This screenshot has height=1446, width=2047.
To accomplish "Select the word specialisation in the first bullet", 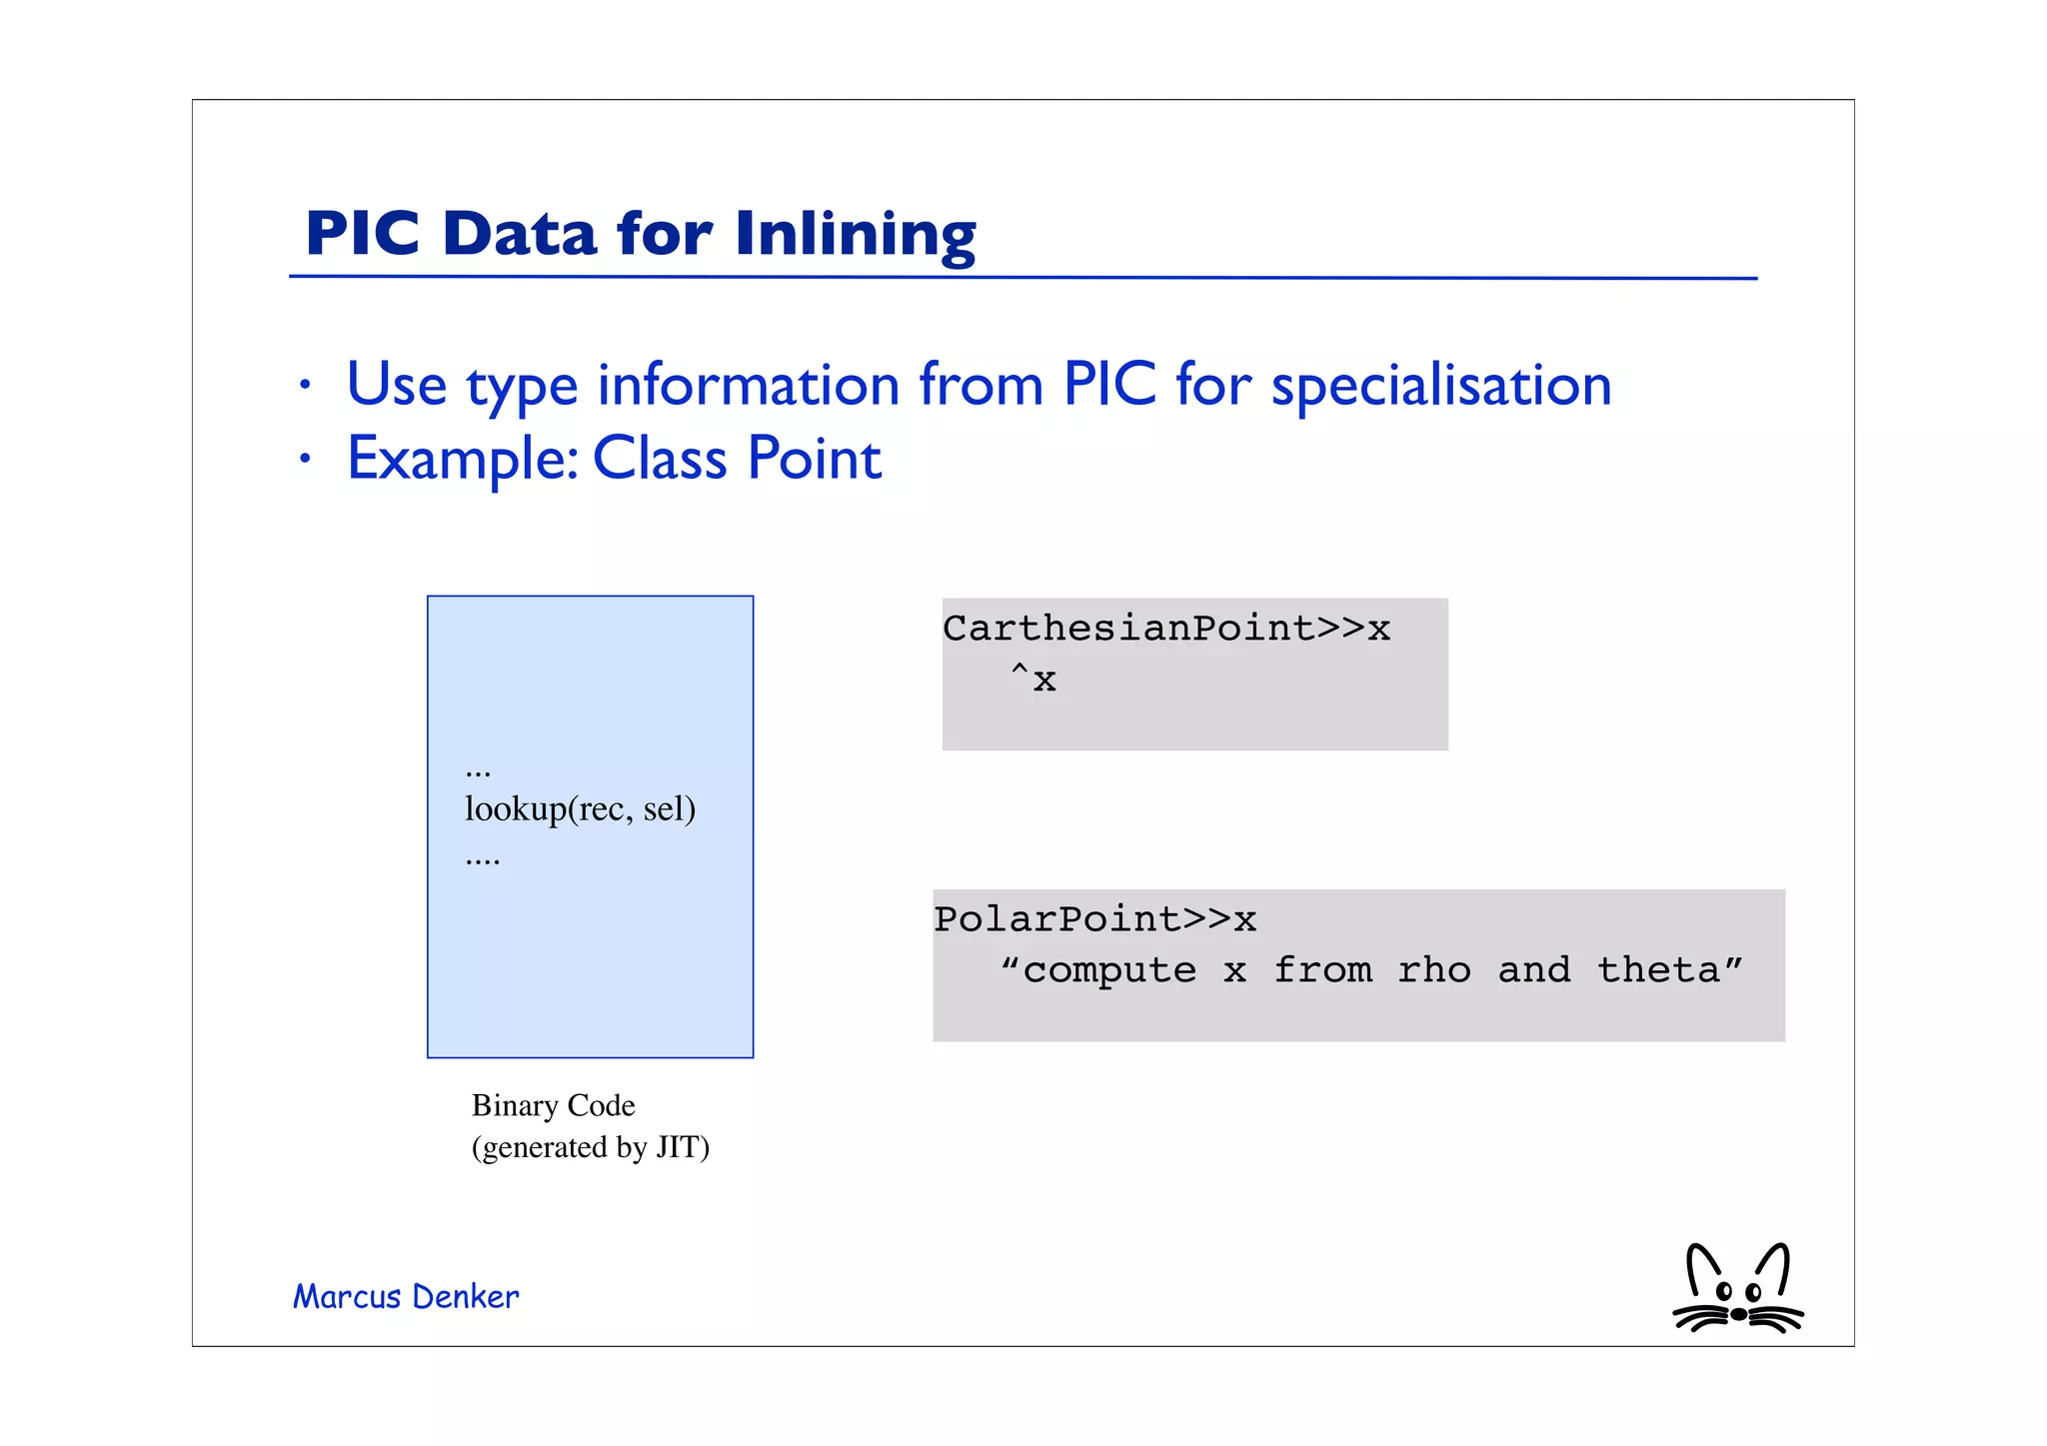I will [x=1440, y=386].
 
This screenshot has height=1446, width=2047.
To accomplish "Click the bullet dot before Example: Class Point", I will [x=306, y=460].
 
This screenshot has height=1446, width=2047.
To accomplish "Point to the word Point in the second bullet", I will [x=814, y=460].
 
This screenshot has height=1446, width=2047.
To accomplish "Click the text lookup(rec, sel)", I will [x=580, y=808].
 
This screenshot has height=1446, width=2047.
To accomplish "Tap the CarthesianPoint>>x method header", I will [x=1165, y=629].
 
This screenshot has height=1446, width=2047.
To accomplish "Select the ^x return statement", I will [x=1033, y=680].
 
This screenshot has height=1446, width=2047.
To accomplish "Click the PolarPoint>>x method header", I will [x=1094, y=919].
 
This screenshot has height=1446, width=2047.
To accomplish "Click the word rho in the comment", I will [x=1433, y=970].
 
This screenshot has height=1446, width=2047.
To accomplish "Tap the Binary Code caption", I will [x=553, y=1105].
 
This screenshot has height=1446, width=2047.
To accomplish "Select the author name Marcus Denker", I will [x=406, y=1297].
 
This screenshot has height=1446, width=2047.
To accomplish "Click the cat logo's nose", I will [x=1738, y=1314].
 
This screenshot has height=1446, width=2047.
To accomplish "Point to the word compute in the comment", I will [x=1109, y=970].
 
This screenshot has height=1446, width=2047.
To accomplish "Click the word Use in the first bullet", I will [x=396, y=386].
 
